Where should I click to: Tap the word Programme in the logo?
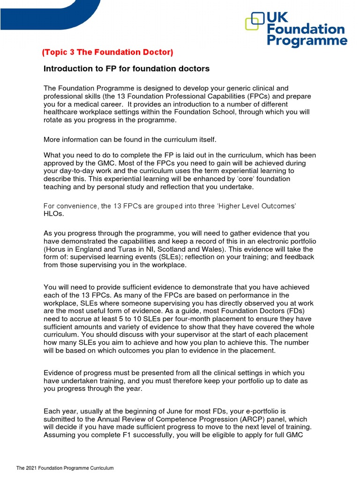pyautogui.click(x=307, y=41)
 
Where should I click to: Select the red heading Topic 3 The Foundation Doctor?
pyautogui.click(x=108, y=52)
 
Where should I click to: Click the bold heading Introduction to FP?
pyautogui.click(x=126, y=69)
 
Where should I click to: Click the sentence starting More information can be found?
pyautogui.click(x=130, y=139)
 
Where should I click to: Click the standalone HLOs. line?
pyautogui.click(x=53, y=214)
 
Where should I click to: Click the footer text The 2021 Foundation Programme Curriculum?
pyautogui.click(x=65, y=468)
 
